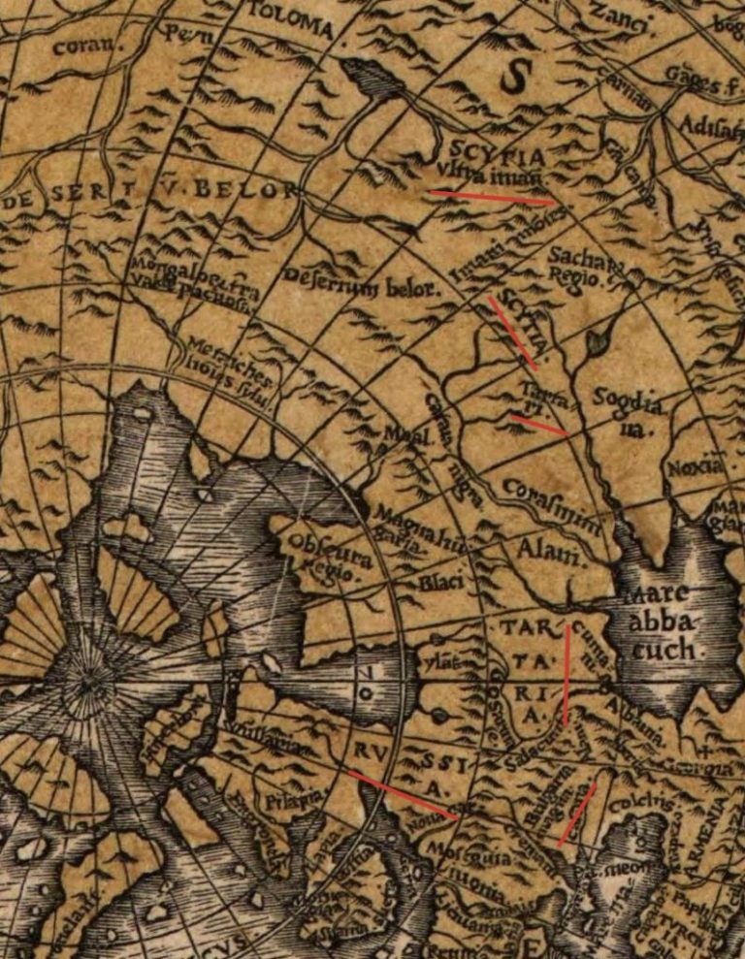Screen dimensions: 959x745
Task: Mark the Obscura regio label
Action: pos(319,558)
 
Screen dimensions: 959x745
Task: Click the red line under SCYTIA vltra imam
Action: pos(493,198)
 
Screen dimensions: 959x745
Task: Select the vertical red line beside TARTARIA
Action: pos(567,676)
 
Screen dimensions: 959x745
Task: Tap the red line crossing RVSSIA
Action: pos(403,795)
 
